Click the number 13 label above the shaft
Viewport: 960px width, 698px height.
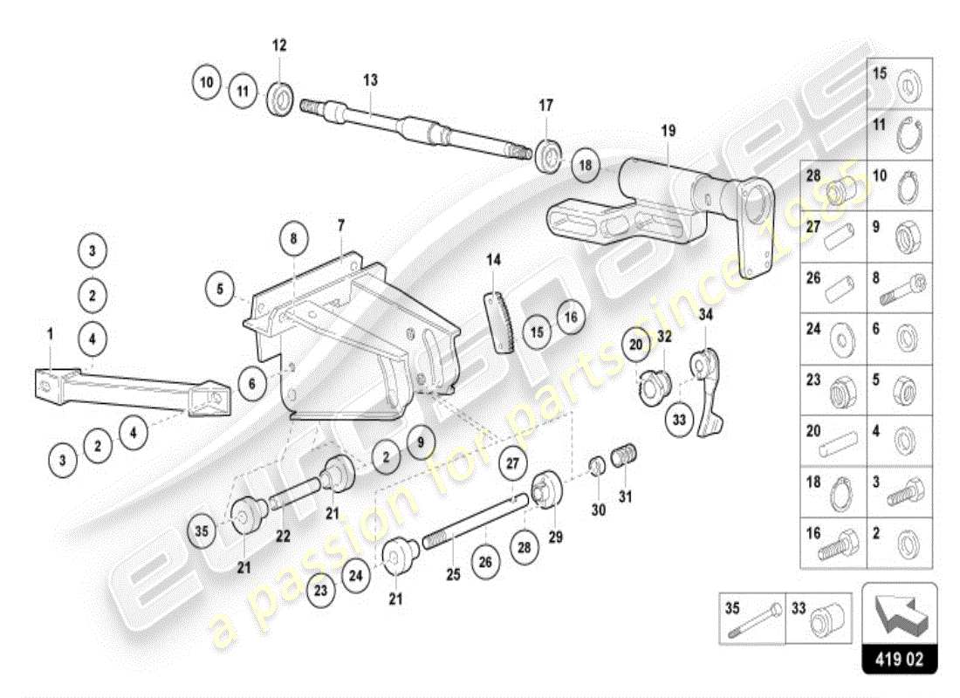coord(370,79)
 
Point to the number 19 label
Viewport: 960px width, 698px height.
coord(669,132)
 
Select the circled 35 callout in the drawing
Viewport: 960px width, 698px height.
coord(202,529)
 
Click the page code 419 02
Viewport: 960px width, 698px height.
coord(899,658)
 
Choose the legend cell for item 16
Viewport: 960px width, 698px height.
coord(833,543)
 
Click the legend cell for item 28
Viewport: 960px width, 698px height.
coord(833,185)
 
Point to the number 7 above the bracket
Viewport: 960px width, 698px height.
coord(340,224)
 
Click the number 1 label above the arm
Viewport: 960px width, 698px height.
coord(51,332)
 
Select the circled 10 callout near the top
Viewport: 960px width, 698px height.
coord(207,84)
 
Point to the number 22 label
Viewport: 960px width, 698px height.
coord(283,537)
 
